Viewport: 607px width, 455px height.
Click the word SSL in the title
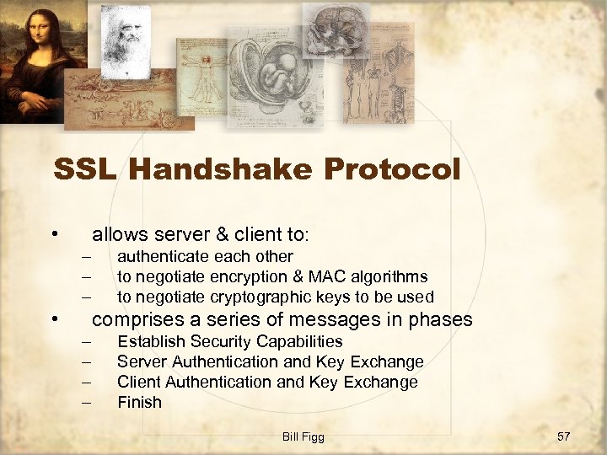pos(82,170)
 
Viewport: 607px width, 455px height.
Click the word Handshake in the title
pos(224,170)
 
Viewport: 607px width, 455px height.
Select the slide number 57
pos(564,436)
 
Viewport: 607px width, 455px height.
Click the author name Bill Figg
pos(303,436)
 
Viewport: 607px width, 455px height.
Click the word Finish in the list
pos(139,402)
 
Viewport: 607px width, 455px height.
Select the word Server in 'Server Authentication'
pos(140,361)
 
